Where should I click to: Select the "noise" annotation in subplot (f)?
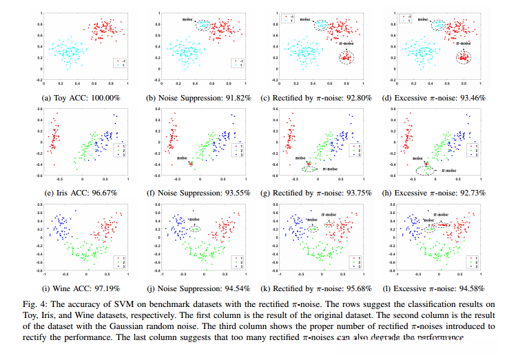pyautogui.click(x=180, y=158)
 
